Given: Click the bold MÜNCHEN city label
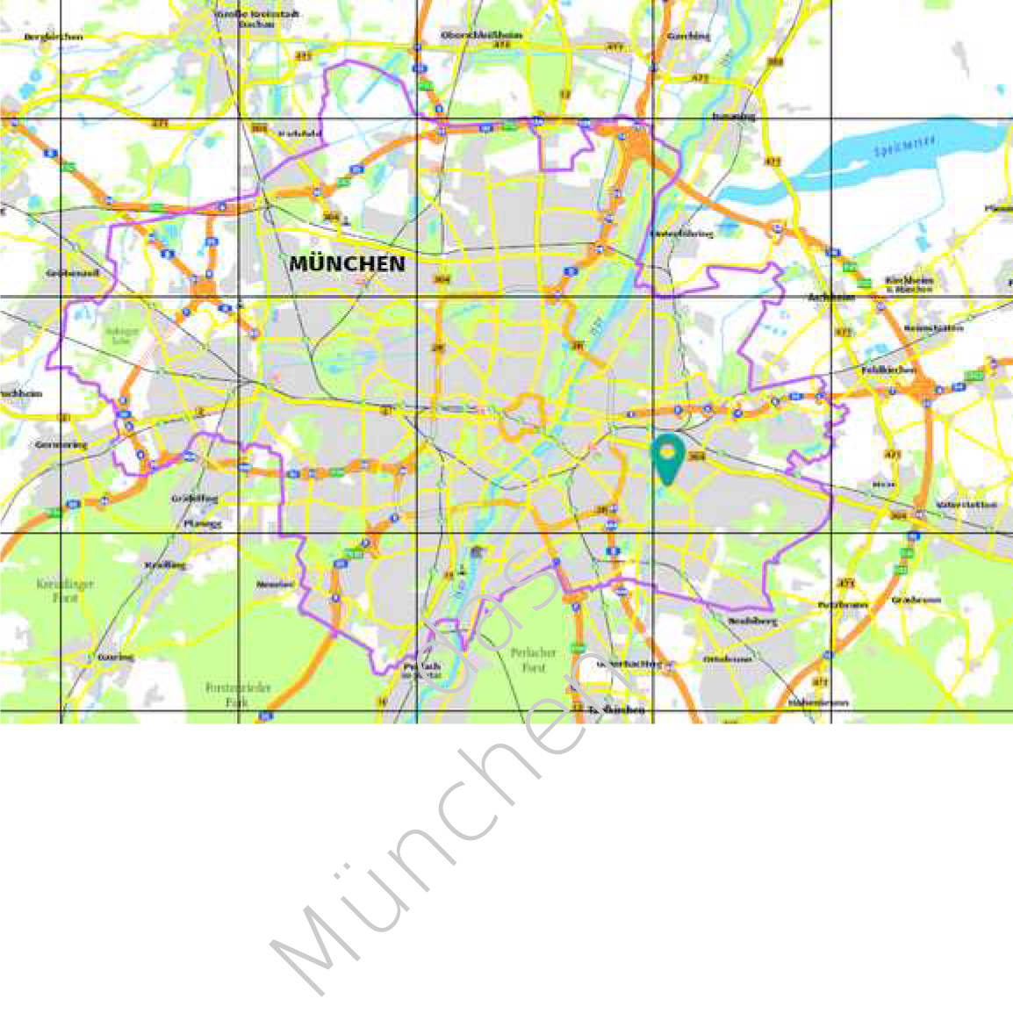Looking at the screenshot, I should click(x=348, y=263).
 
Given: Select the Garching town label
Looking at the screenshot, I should click(x=688, y=36).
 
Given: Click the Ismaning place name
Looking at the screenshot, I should click(x=734, y=115).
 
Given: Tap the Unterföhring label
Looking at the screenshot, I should click(x=681, y=234).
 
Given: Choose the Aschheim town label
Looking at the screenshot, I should click(x=830, y=298).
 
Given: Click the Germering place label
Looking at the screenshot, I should click(x=61, y=445).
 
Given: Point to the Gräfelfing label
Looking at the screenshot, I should click(x=194, y=498).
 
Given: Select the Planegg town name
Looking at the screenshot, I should click(x=203, y=523).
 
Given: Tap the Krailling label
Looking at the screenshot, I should click(x=165, y=564).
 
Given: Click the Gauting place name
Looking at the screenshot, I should click(x=115, y=657).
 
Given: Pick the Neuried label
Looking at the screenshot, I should click(x=275, y=584).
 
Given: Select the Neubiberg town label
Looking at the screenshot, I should click(x=752, y=621).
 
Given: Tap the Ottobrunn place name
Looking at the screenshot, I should click(x=728, y=658).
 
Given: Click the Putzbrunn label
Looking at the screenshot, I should click(x=843, y=605).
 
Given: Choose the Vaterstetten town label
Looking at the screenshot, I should click(x=966, y=505).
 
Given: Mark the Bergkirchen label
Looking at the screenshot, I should click(x=54, y=37).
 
